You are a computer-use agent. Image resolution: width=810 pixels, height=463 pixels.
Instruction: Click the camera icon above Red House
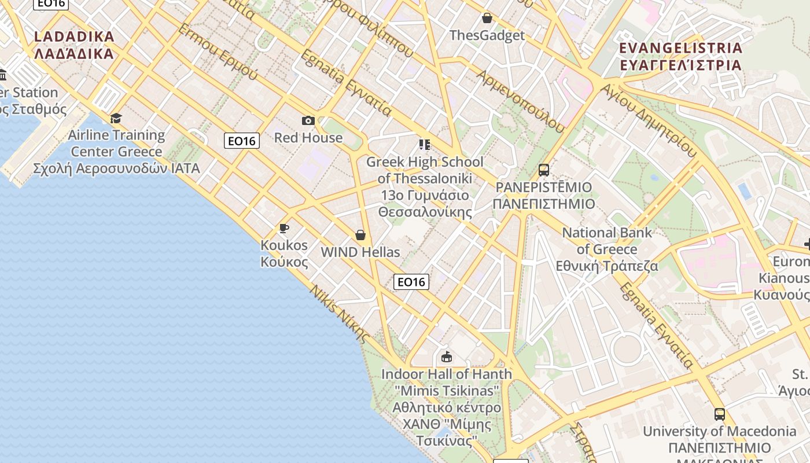pyautogui.click(x=308, y=120)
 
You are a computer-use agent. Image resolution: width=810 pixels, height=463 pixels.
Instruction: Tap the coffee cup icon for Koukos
pyautogui.click(x=283, y=228)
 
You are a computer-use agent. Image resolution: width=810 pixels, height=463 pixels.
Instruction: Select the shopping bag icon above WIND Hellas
pyautogui.click(x=360, y=235)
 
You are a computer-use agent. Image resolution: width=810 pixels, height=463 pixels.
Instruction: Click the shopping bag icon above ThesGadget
pyautogui.click(x=487, y=18)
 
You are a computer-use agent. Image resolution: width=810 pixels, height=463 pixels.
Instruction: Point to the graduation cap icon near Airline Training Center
pyautogui.click(x=116, y=118)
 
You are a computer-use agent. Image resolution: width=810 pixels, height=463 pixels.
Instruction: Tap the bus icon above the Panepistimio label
pyautogui.click(x=543, y=170)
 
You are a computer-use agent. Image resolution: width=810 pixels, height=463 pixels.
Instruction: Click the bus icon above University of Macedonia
pyautogui.click(x=719, y=414)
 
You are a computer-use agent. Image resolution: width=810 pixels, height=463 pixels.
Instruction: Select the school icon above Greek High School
pyautogui.click(x=425, y=144)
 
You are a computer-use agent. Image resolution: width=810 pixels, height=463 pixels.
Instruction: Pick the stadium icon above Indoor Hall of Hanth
pyautogui.click(x=446, y=357)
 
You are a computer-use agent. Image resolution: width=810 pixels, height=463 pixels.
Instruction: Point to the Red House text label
pyautogui.click(x=308, y=138)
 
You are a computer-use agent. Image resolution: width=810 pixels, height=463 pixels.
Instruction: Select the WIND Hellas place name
pyautogui.click(x=360, y=252)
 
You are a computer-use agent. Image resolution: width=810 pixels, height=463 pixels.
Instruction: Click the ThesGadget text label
pyautogui.click(x=487, y=35)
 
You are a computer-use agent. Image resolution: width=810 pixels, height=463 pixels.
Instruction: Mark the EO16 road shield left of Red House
pyautogui.click(x=242, y=141)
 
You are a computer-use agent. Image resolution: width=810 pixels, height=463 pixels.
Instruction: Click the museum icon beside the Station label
pyautogui.click(x=3, y=75)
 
